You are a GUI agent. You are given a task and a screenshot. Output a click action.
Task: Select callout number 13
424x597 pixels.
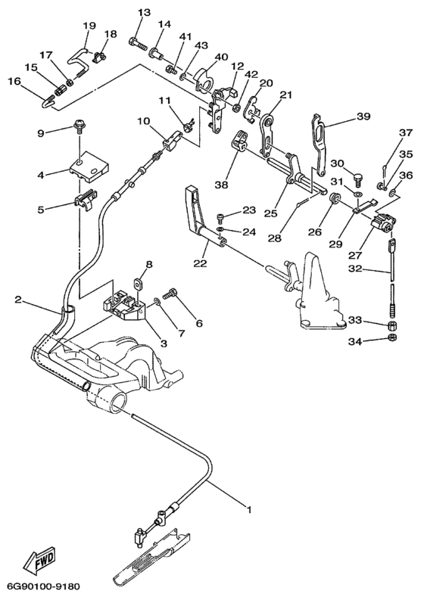145,13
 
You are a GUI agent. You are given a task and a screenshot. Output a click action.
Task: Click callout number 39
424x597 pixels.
364,117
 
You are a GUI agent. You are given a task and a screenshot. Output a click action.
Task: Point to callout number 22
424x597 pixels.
201,263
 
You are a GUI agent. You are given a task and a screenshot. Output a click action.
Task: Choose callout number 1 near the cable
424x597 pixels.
250,509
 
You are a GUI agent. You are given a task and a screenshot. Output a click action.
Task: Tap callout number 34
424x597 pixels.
355,342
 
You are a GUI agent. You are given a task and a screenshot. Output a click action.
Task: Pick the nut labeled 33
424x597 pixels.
391,326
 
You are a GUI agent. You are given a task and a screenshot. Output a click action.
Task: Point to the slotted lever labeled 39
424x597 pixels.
320,144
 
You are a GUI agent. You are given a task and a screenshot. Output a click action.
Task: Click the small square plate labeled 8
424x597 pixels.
139,283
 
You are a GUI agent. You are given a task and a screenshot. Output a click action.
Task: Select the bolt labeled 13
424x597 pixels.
139,44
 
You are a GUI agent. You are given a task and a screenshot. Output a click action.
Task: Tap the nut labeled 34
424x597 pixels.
391,337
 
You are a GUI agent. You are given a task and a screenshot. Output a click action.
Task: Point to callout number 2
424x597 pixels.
17,300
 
